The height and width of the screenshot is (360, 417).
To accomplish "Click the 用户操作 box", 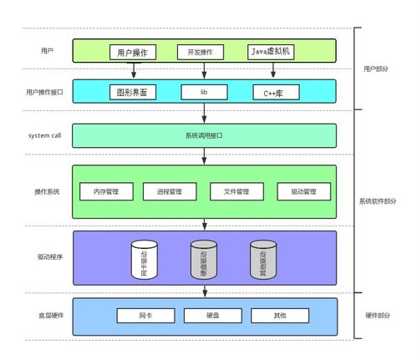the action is [133, 52].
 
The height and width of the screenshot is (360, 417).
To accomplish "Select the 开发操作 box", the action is [201, 52].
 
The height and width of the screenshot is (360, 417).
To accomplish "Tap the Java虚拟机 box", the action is [271, 52].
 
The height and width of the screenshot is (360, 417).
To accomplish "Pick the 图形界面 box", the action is [133, 92].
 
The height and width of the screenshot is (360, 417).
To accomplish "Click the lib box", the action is [204, 92].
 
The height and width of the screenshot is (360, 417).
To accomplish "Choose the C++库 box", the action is [276, 92].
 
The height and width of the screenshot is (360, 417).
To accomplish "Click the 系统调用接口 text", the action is [204, 135].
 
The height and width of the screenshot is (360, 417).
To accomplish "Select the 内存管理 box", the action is [106, 191].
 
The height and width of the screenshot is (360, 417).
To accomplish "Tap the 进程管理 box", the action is [170, 191].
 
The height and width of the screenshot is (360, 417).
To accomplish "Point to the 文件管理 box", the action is [236, 191].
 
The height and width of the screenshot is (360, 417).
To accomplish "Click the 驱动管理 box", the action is [304, 191].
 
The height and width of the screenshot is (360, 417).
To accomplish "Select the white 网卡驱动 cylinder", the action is [145, 260].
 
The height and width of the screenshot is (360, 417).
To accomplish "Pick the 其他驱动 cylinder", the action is [263, 260].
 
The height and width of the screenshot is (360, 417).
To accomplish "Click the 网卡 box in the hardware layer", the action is [145, 316].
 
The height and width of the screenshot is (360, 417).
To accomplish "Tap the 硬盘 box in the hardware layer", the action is [213, 316].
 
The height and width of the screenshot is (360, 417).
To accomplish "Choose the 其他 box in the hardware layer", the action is [280, 316].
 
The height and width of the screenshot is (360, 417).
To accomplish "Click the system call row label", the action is [44, 135].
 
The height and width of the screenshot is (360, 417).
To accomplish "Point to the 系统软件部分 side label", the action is [378, 201].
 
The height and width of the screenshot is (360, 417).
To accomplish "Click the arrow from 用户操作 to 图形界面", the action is [134, 70].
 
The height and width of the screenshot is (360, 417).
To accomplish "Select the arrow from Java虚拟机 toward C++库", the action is [273, 70].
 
